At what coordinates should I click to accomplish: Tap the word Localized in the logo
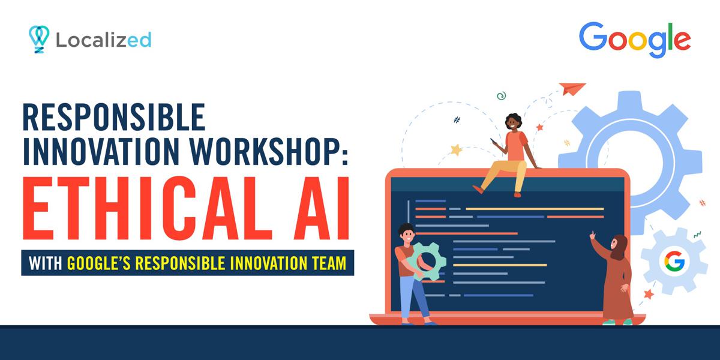(x=103, y=40)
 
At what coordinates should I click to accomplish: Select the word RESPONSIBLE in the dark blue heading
(x=114, y=118)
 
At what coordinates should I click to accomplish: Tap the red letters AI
(x=312, y=207)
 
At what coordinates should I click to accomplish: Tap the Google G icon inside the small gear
(x=674, y=261)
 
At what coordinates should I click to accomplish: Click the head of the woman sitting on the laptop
(x=514, y=122)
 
